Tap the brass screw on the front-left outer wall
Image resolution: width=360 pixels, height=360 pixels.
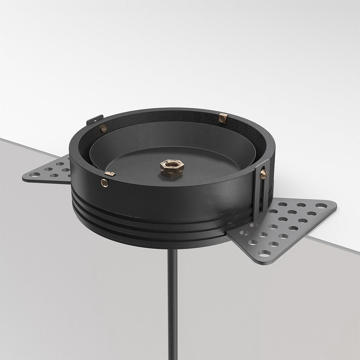click(x=105, y=183)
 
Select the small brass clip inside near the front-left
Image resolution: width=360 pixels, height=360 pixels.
click(x=112, y=174)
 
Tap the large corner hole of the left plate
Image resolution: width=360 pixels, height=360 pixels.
click(x=35, y=175)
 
